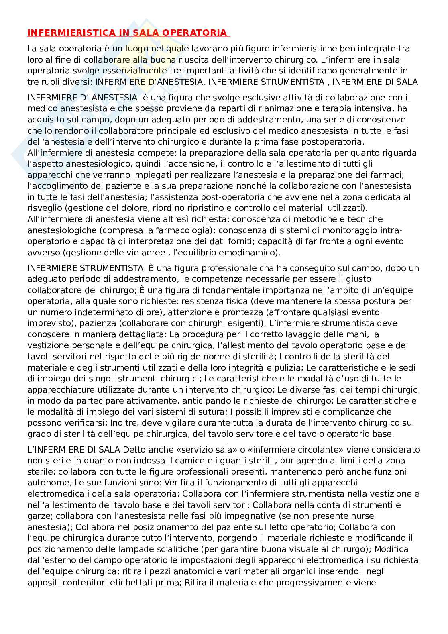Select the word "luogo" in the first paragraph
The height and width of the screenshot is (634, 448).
pos(137,49)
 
